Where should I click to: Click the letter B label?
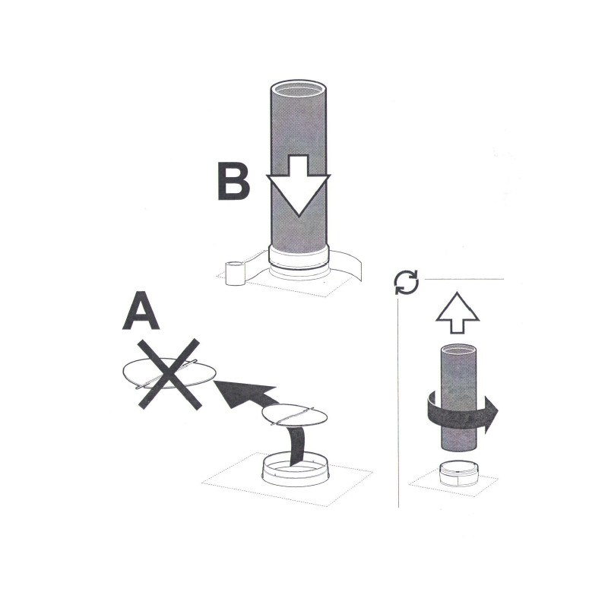pos(233,181)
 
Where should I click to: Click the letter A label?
pos(141,310)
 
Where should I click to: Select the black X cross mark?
pos(169,374)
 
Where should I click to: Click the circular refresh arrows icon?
pos(406,282)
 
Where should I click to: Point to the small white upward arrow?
pos(458,312)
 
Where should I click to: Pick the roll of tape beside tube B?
pos(236,274)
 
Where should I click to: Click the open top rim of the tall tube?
pos(298,89)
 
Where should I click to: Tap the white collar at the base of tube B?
pos(299,260)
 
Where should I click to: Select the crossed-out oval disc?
pos(169,373)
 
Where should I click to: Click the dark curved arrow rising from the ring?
pos(298,446)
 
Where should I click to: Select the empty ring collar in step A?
pos(296,470)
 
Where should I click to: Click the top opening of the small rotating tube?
pos(458,350)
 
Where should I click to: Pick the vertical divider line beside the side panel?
pos(398,404)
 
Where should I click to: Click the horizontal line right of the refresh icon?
pos(464,279)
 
